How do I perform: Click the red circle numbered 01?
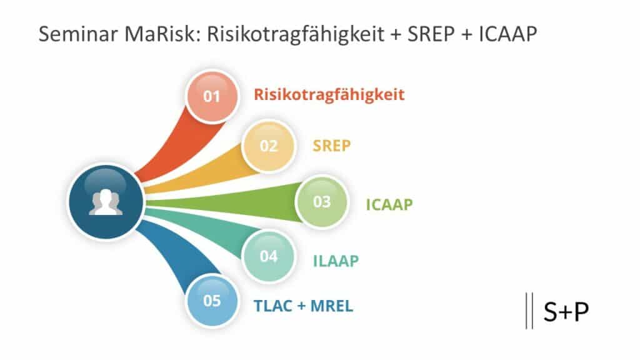(212, 96)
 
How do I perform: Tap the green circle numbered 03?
(321, 202)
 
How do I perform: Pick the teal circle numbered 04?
(268, 256)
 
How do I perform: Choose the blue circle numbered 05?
(212, 301)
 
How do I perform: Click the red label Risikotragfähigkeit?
(329, 95)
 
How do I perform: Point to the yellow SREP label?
(331, 146)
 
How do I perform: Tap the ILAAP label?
(336, 261)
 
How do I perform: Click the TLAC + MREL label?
(303, 306)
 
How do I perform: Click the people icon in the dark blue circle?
(104, 202)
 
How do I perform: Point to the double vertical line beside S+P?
(529, 311)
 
